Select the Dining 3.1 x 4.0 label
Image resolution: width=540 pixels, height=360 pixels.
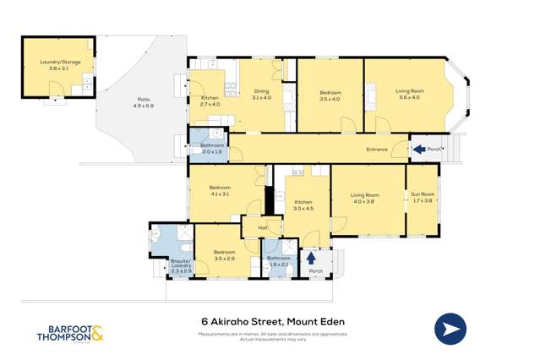pyautogui.click(x=261, y=95)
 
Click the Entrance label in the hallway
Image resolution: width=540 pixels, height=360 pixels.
pyautogui.click(x=376, y=150)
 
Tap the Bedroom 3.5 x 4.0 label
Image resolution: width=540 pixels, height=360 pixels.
pyautogui.click(x=330, y=95)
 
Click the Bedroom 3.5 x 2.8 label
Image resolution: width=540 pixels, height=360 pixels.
pyautogui.click(x=224, y=255)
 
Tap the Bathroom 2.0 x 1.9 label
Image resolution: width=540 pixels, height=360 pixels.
pyautogui.click(x=211, y=149)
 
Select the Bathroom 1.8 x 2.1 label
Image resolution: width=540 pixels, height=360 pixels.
pyautogui.click(x=278, y=261)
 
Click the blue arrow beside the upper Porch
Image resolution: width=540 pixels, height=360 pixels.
pyautogui.click(x=418, y=150)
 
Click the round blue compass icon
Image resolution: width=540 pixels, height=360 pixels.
pyautogui.click(x=451, y=329)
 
